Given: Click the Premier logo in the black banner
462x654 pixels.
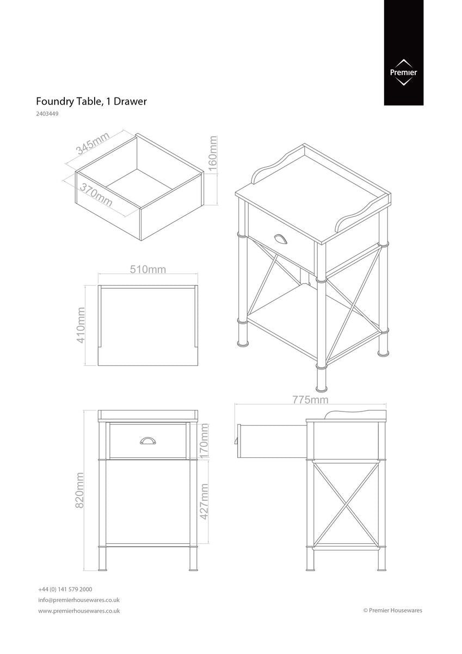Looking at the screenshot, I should click(x=403, y=72).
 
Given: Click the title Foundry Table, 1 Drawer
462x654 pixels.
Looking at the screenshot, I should click(x=91, y=101).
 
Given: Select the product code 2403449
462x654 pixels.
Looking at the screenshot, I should click(x=47, y=114).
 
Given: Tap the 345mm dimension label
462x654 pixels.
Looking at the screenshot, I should click(x=93, y=143).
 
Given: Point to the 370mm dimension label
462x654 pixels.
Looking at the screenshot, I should click(x=96, y=195).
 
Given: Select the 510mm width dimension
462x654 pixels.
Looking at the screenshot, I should click(x=148, y=269).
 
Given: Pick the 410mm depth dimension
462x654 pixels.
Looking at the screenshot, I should click(x=81, y=324).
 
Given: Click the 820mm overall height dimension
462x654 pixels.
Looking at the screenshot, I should click(x=79, y=490).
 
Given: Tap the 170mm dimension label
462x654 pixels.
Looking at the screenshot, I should click(x=205, y=441).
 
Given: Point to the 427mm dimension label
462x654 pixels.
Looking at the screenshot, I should click(x=205, y=501).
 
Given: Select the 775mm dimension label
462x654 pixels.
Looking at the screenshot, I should click(x=310, y=400).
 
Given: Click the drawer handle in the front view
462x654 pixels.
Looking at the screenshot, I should click(x=148, y=440).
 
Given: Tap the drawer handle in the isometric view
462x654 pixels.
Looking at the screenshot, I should click(x=281, y=239).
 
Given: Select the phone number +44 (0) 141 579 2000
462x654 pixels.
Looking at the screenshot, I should click(x=65, y=589).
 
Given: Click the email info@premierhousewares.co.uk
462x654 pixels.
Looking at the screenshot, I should click(x=79, y=600).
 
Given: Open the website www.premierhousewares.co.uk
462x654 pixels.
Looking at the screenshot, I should click(x=79, y=611).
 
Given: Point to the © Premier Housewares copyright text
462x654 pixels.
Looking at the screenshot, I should click(x=392, y=610).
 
